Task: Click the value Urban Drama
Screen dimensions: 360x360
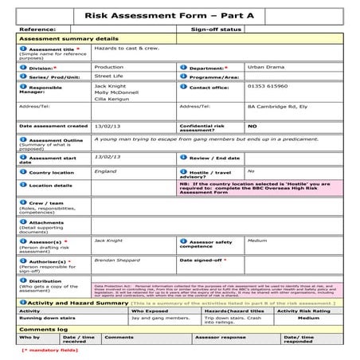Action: pyautogui.click(x=265, y=68)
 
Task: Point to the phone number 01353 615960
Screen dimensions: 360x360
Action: pyautogui.click(x=268, y=86)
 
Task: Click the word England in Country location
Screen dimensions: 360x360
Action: pyautogui.click(x=104, y=170)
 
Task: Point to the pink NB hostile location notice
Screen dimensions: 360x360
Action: pyautogui.click(x=260, y=188)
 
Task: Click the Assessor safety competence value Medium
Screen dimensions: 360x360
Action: pyautogui.click(x=256, y=240)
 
